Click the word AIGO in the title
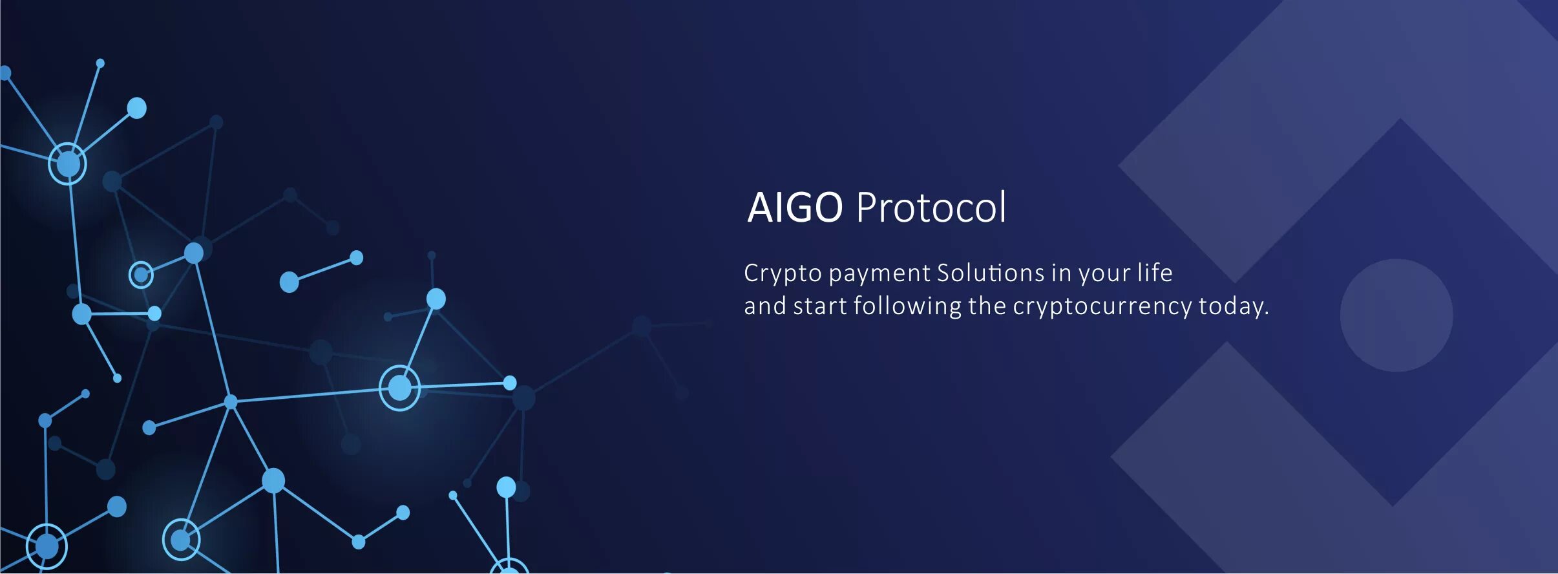(x=795, y=207)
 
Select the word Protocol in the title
(x=931, y=207)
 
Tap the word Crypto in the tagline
(x=783, y=274)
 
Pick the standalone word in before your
(x=1061, y=273)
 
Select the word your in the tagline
(x=1104, y=274)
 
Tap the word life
(x=1155, y=273)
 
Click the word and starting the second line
(x=764, y=306)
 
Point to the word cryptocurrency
(x=1102, y=306)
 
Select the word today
(x=1230, y=306)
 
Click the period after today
(x=1267, y=314)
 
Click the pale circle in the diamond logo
(x=1396, y=315)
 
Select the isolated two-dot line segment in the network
(x=322, y=270)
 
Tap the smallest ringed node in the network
(x=141, y=275)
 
